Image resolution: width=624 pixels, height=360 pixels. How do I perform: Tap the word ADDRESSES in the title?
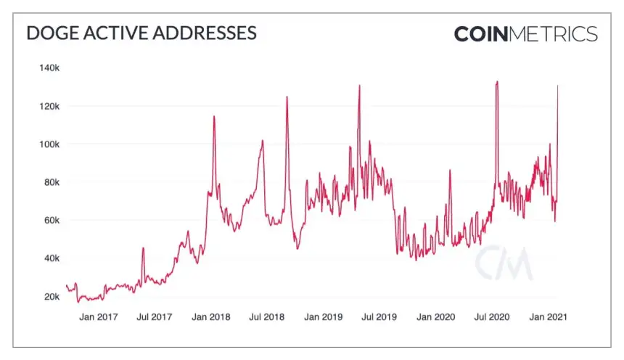(207, 33)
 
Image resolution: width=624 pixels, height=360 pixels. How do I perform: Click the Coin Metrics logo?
(526, 34)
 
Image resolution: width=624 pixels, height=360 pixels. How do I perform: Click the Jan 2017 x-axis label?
(98, 317)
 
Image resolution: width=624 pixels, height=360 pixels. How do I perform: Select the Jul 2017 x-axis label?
(154, 317)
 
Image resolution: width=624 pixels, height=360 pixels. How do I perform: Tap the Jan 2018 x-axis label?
(210, 317)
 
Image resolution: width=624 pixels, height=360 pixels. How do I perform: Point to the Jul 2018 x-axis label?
(266, 317)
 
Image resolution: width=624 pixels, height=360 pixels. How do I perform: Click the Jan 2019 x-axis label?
(323, 317)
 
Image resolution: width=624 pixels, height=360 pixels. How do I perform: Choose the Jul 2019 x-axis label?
(379, 317)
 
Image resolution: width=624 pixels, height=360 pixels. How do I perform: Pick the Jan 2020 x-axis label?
(435, 317)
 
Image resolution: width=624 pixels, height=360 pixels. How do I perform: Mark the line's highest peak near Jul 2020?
(497, 82)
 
